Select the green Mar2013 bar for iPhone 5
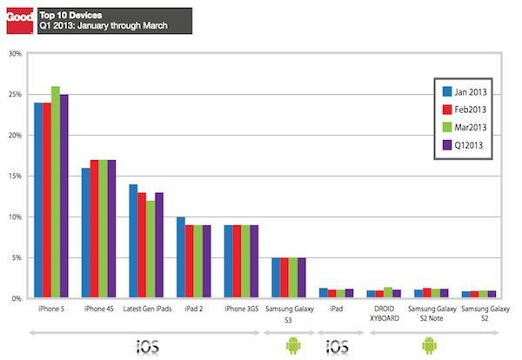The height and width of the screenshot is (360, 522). tap(55, 192)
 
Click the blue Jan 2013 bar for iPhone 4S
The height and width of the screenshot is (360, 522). tap(85, 233)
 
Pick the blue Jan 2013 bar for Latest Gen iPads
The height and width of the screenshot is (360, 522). tap(133, 241)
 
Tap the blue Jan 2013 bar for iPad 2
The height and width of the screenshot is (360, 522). tap(181, 257)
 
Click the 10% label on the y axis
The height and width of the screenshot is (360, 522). tap(14, 217)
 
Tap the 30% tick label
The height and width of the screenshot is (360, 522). tap(14, 54)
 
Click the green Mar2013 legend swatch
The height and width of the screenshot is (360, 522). tap(446, 128)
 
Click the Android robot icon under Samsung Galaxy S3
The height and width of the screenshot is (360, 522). tap(291, 346)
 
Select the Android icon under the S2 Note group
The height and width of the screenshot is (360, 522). tap(429, 346)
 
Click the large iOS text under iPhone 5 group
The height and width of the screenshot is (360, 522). tap(147, 347)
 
